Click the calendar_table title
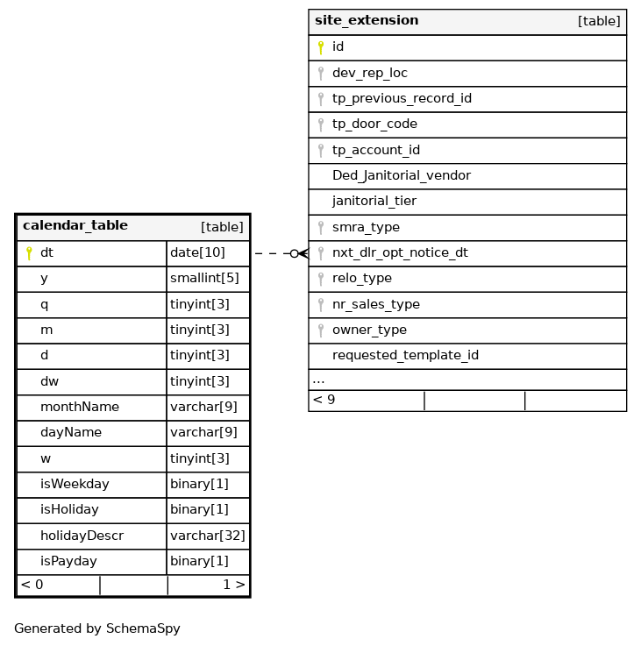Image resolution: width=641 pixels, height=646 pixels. tap(75, 226)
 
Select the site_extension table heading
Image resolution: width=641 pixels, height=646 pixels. tap(367, 21)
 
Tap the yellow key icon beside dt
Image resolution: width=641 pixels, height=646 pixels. tap(29, 253)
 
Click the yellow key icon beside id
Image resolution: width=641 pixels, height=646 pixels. tap(321, 47)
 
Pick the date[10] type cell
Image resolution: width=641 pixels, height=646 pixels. tap(197, 253)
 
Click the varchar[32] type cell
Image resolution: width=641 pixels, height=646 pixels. tap(208, 536)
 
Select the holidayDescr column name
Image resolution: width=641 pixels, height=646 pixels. tap(82, 536)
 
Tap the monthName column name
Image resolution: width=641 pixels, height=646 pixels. tap(80, 408)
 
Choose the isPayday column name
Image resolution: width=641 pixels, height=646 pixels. tap(68, 562)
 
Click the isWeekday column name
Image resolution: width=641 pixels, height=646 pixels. tap(75, 485)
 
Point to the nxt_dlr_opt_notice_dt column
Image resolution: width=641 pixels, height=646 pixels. tap(400, 253)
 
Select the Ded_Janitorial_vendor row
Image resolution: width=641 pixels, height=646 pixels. tap(402, 176)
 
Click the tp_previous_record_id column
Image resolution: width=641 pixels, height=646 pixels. tap(402, 99)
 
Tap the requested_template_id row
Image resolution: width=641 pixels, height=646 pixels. tap(405, 356)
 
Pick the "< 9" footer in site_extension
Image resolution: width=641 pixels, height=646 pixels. tap(324, 401)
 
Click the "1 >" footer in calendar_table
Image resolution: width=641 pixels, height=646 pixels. tap(233, 586)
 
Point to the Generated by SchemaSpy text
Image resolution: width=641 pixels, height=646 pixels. tap(97, 628)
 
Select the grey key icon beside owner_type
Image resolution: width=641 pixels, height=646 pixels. tap(321, 330)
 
